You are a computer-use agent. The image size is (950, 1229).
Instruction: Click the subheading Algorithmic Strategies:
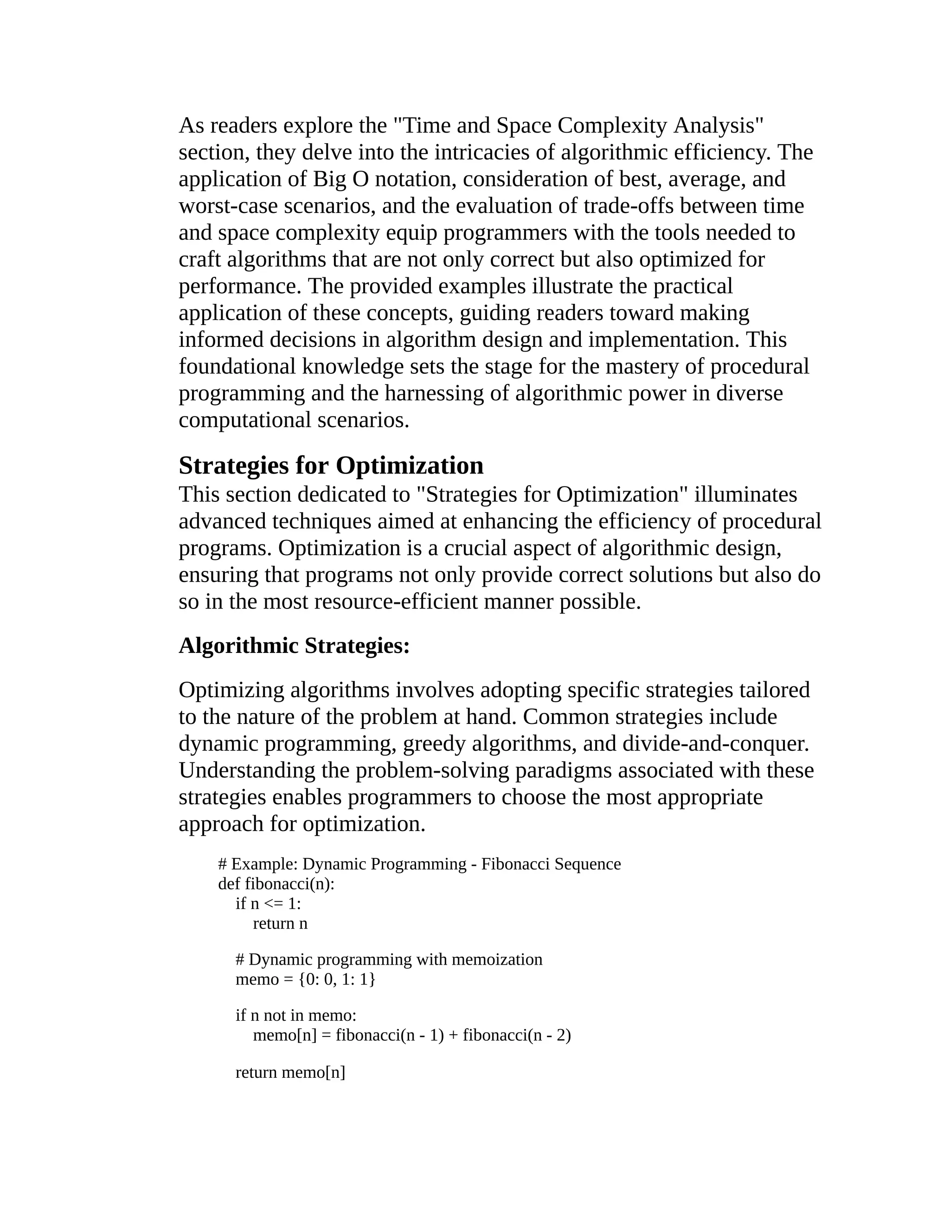[294, 646]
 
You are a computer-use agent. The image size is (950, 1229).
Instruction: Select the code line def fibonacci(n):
[276, 883]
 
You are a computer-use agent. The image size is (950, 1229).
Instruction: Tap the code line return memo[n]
[290, 1072]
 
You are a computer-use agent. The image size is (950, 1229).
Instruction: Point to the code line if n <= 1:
[268, 903]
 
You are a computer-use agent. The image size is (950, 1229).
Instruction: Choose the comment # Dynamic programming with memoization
[388, 959]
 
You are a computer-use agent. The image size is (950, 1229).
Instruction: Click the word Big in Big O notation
[329, 179]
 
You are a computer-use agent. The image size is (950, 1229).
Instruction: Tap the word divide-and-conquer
[715, 743]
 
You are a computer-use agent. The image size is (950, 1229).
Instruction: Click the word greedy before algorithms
[434, 743]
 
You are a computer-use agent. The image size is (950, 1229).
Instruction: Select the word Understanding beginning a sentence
[246, 770]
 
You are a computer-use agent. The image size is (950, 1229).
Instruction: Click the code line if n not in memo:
[295, 1015]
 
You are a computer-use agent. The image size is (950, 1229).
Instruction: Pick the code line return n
[280, 923]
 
